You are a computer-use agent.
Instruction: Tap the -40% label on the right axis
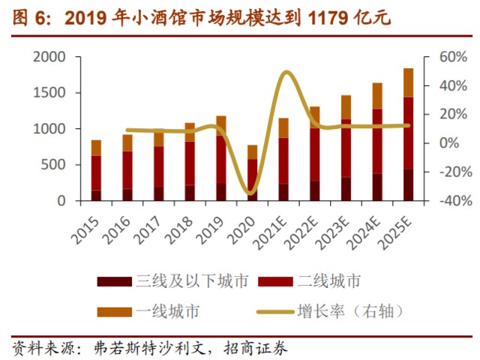[442, 201]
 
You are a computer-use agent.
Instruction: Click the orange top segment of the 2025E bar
[409, 82]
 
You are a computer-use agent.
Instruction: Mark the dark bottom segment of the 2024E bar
[377, 187]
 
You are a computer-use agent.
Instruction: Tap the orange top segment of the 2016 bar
[127, 142]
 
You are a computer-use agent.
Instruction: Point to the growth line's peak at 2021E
[286, 72]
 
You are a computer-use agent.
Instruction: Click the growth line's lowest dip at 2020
[252, 193]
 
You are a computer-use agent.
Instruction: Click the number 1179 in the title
[329, 17]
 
